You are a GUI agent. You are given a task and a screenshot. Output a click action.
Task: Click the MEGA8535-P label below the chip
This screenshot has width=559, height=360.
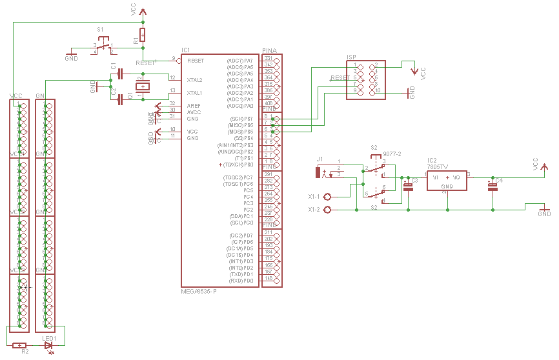pos(199,292)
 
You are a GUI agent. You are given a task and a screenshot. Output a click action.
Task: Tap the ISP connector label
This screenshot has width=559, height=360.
pos(352,57)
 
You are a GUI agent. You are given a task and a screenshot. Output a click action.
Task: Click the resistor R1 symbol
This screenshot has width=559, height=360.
pos(143,35)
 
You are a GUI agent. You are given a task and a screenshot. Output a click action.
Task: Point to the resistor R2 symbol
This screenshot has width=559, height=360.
pos(20,345)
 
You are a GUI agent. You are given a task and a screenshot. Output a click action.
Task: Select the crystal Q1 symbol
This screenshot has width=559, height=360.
pos(142,86)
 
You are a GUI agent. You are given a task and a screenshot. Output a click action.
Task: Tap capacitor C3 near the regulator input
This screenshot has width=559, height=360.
pos(407,186)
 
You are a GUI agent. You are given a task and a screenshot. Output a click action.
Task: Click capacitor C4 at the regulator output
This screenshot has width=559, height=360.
pos(493,186)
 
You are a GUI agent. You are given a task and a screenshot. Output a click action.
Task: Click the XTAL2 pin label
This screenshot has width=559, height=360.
pos(194,80)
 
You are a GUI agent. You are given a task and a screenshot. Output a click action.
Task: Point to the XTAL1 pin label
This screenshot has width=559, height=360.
pos(194,93)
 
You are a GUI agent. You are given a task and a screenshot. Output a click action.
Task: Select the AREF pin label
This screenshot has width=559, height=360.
pos(193,105)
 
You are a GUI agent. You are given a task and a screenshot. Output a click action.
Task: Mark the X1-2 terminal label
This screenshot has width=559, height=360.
pos(314,210)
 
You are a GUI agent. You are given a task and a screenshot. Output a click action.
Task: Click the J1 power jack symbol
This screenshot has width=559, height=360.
pos(318,172)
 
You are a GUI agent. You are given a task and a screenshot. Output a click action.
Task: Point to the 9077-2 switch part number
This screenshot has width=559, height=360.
pos(392,155)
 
